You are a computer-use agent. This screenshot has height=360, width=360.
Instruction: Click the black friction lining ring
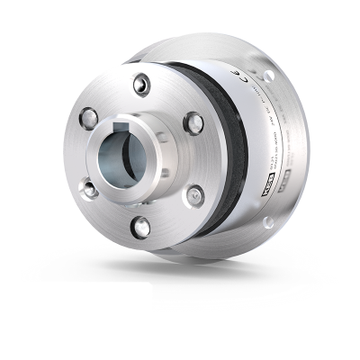point(224,153)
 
